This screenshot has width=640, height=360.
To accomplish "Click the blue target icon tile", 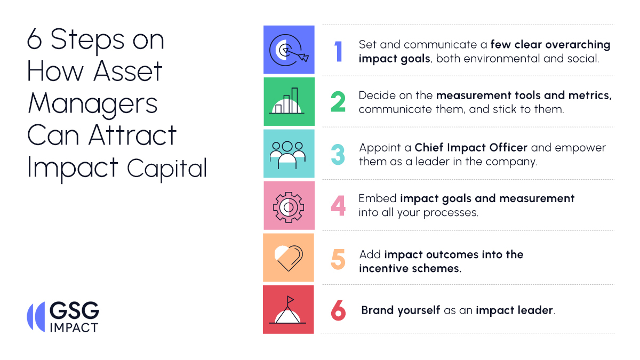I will [289, 50].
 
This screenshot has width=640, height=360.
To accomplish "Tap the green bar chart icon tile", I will [289, 101].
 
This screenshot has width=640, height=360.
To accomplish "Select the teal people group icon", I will [289, 153].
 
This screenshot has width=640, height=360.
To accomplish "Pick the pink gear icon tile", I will [289, 205].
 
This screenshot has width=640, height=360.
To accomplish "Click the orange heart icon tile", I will [289, 257].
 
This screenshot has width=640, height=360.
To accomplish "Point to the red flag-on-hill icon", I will [289, 309].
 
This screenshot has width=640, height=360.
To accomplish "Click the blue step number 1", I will [338, 52].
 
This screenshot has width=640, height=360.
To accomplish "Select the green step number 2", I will [338, 102].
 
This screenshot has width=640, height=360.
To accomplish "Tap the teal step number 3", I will [338, 154].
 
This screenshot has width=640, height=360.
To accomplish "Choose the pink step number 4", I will [338, 206].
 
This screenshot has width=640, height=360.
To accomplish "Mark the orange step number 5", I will [338, 259].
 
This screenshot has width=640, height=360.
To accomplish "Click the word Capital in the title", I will [166, 169].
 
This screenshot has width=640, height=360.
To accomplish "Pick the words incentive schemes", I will [410, 268].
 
